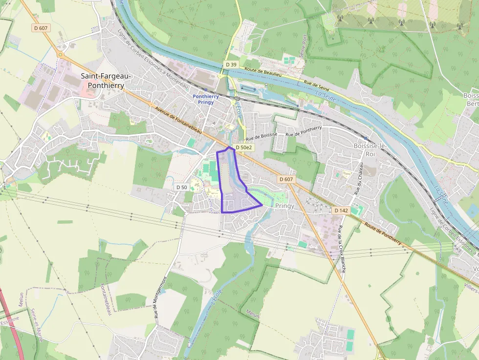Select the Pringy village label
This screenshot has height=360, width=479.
tap(285, 206)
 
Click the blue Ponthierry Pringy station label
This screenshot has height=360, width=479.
tap(206, 99)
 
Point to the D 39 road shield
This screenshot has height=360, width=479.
tap(231, 64)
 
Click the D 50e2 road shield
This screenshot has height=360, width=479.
tap(243, 147)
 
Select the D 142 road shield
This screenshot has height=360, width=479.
tap(341, 210)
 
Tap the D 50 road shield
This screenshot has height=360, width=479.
tap(181, 187)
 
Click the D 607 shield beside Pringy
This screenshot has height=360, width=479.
tap(286, 179)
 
